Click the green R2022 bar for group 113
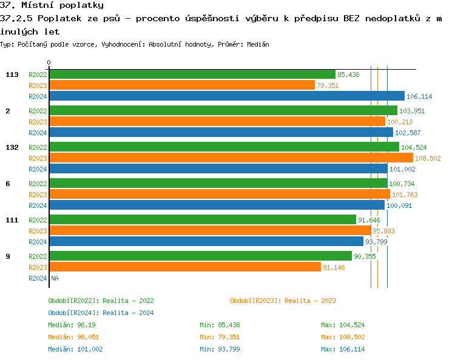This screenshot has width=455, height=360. [x=192, y=75]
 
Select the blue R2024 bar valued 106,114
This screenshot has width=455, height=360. [x=226, y=96]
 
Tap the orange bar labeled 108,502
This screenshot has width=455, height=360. [x=231, y=158]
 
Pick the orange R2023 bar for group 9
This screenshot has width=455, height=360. [x=185, y=267]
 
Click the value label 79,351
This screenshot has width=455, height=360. [x=328, y=85]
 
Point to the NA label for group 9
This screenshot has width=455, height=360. [x=55, y=278]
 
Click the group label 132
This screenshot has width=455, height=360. [x=12, y=147]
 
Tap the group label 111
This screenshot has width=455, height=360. [x=12, y=220]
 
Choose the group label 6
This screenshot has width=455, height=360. [x=8, y=184]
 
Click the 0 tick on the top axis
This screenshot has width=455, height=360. [x=49, y=62]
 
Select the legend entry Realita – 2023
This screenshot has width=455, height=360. [x=283, y=301]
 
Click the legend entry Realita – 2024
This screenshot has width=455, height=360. [x=101, y=313]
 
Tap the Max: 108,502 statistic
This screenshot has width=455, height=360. [x=343, y=337]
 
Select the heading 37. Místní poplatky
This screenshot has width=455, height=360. [x=52, y=5]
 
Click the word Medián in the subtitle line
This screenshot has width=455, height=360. [x=257, y=45]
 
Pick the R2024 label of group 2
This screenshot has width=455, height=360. [x=38, y=133]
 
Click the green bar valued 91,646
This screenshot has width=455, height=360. [x=202, y=220]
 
